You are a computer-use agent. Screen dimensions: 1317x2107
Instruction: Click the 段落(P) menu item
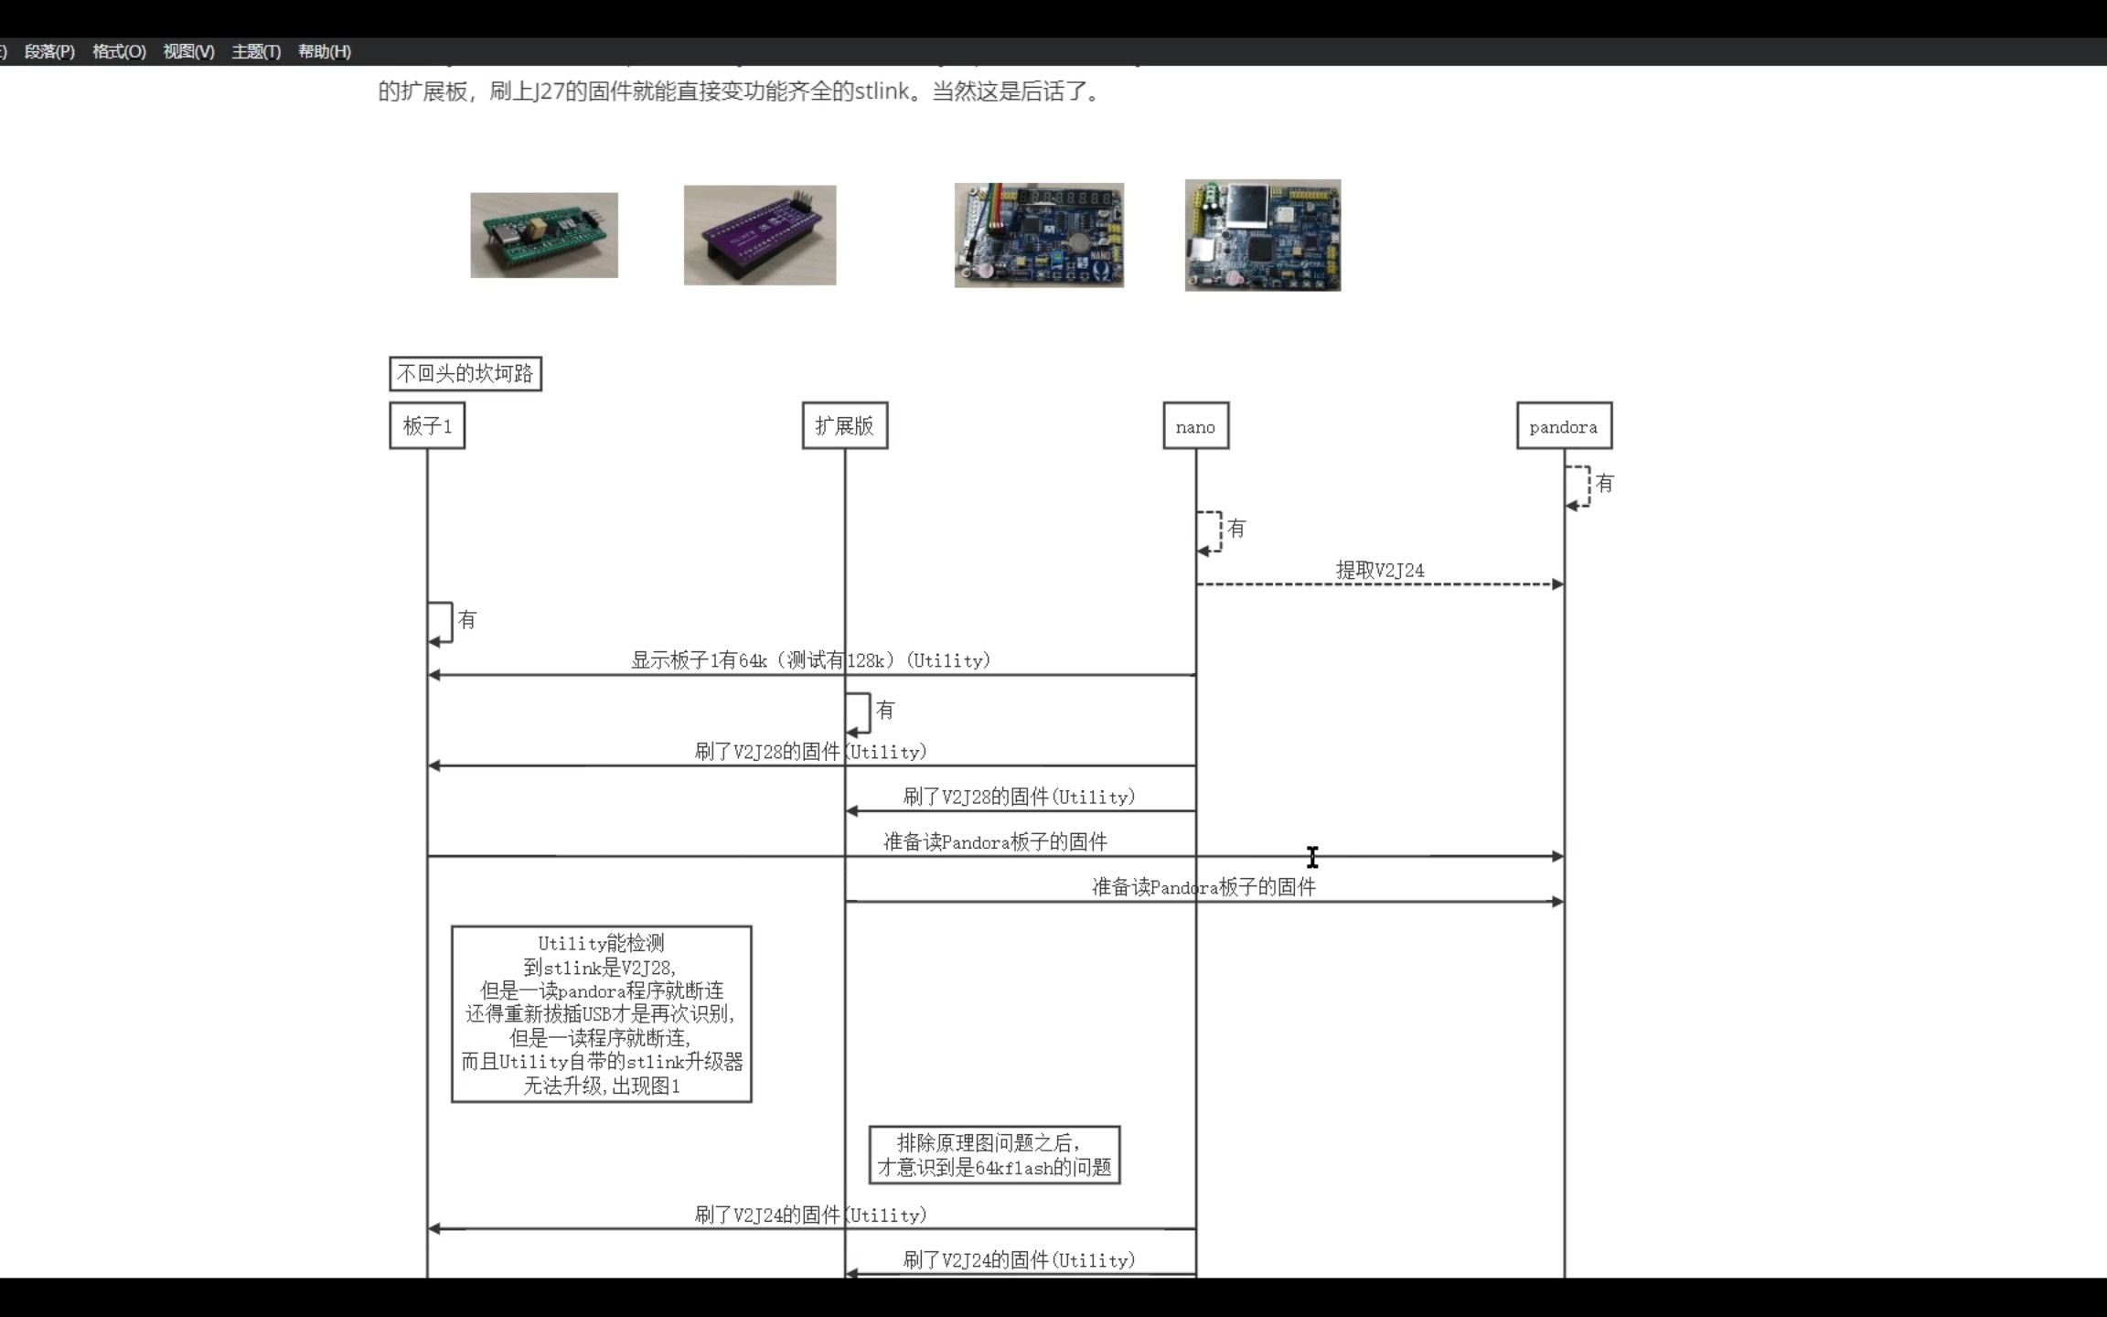click(49, 52)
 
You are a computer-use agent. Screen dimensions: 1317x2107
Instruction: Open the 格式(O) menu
click(119, 52)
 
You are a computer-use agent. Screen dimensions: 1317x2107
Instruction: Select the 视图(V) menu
click(188, 52)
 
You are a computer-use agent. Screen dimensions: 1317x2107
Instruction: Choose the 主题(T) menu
click(256, 52)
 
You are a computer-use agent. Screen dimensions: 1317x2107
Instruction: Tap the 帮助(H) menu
click(325, 52)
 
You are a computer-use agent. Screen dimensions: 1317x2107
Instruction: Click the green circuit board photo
click(544, 235)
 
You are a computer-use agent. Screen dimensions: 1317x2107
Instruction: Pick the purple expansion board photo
click(760, 235)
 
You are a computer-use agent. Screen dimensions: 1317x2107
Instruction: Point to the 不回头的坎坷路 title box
click(465, 374)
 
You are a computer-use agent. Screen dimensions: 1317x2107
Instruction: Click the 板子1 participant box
click(427, 426)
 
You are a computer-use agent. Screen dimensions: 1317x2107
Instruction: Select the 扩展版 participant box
click(845, 426)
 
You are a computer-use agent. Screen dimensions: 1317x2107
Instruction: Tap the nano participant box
click(1195, 426)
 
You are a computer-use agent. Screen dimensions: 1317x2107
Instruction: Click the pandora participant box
click(1564, 426)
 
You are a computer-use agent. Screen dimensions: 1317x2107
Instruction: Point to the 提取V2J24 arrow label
click(1380, 571)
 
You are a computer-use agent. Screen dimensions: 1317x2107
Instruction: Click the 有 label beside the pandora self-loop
click(1605, 484)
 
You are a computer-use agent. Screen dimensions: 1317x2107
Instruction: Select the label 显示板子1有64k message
click(810, 660)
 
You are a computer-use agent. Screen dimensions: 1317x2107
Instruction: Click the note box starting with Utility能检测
click(602, 1014)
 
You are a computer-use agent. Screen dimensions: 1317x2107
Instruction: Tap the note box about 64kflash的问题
click(994, 1155)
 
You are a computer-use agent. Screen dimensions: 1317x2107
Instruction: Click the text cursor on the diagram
click(1312, 857)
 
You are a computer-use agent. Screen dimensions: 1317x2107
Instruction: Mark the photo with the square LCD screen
click(1263, 235)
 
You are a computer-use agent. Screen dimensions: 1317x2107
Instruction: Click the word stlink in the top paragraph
click(882, 91)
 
